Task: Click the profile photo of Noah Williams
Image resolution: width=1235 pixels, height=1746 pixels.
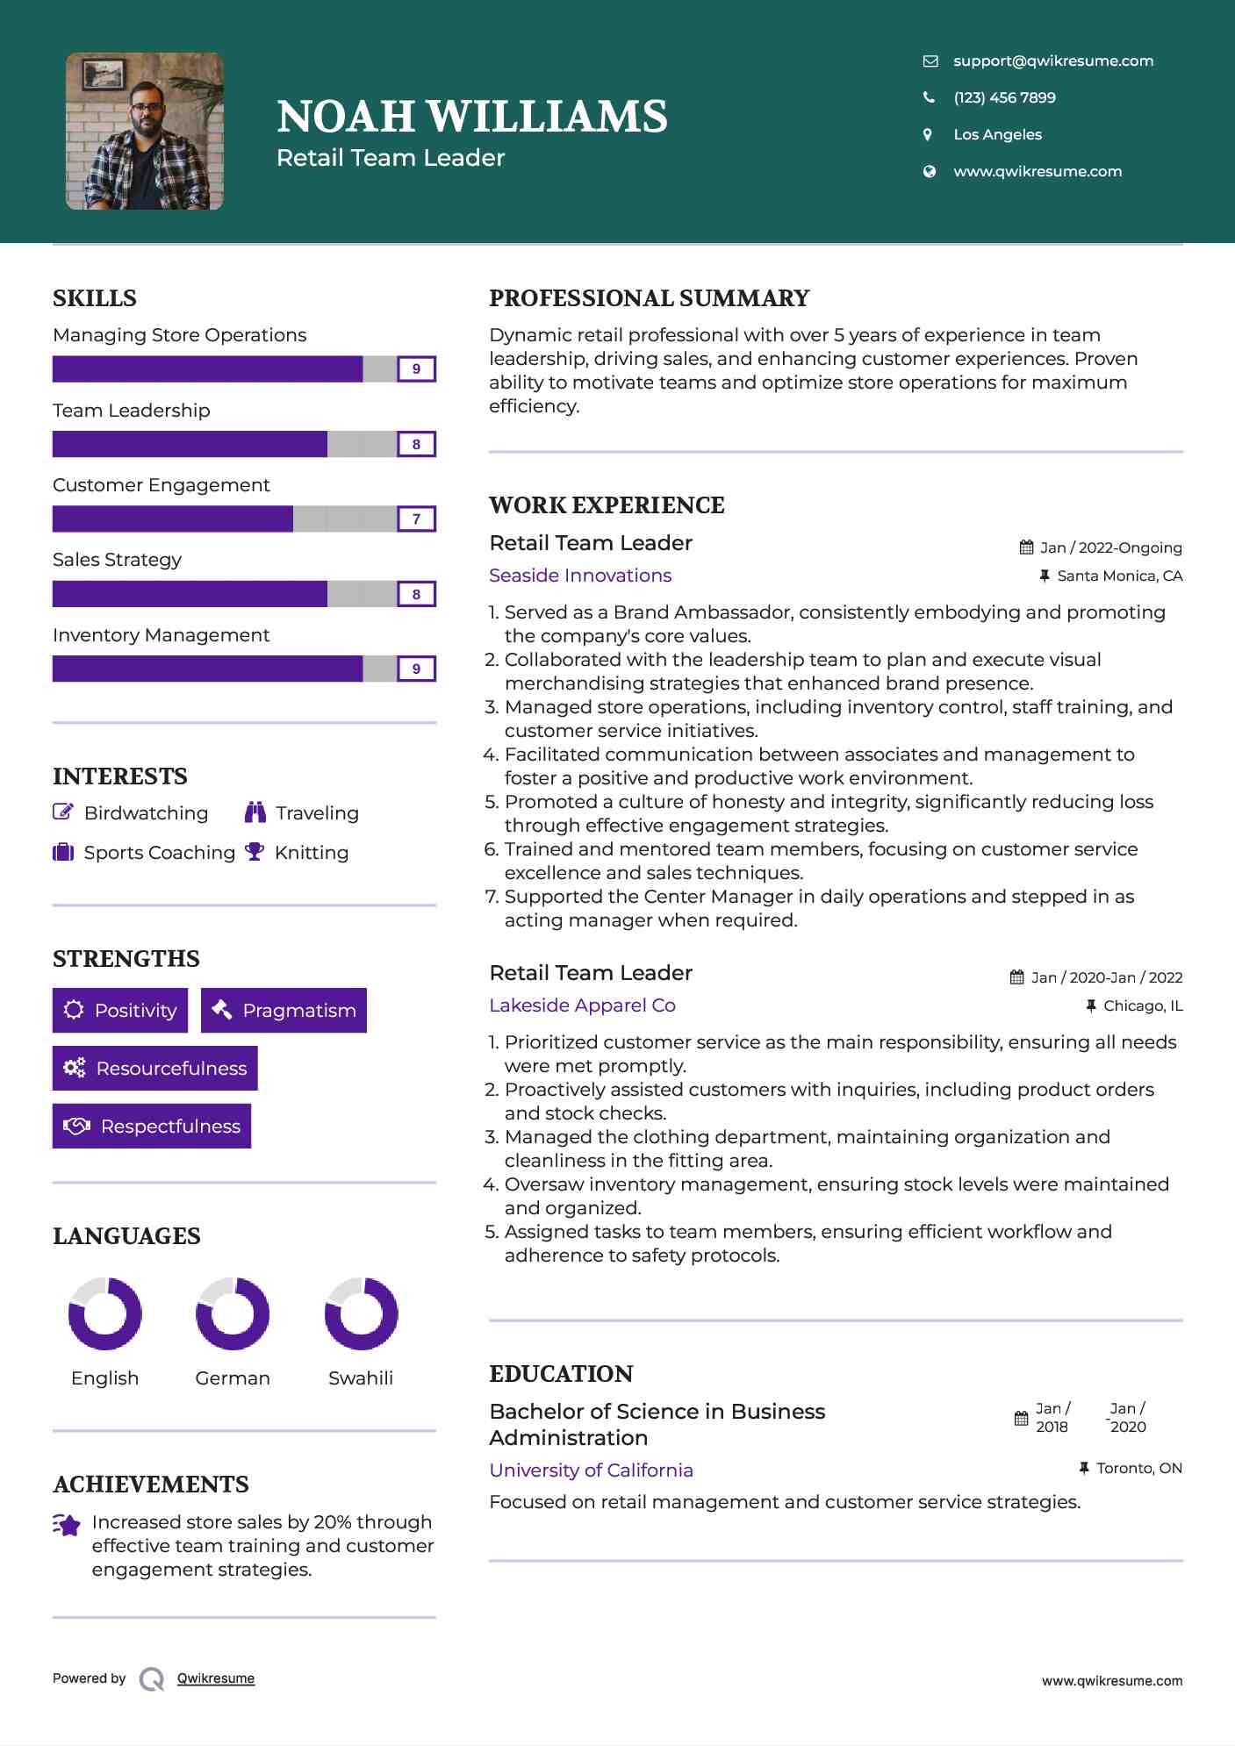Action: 145,132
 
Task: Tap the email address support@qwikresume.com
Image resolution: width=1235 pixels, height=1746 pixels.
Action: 1052,61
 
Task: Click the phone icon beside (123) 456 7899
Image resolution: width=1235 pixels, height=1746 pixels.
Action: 929,97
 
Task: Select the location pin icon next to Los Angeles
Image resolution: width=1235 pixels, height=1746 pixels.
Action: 928,134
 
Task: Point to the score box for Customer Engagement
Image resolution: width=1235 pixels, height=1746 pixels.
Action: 416,519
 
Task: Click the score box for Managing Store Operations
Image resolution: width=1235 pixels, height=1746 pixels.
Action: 416,369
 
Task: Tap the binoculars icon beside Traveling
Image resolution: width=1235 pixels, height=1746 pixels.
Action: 255,812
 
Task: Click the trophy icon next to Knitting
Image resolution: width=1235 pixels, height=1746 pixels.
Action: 255,851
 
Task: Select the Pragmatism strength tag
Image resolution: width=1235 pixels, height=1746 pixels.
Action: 284,1011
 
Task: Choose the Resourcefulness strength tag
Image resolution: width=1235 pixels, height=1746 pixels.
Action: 155,1069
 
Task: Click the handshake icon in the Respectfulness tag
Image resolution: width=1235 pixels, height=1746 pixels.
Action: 76,1126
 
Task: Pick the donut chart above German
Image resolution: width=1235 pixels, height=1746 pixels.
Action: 233,1313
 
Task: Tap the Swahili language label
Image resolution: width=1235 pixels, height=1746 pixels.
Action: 360,1378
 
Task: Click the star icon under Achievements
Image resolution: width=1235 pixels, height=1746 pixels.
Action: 67,1525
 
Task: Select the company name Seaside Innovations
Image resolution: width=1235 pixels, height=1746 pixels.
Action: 580,576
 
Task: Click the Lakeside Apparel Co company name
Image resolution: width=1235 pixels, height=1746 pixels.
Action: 582,1005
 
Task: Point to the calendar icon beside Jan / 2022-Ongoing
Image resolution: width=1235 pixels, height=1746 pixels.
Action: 1026,547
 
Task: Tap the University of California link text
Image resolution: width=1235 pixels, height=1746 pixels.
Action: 591,1471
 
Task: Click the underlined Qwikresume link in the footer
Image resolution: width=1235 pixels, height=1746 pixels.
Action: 216,1678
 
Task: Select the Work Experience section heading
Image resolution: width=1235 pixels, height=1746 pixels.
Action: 607,505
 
